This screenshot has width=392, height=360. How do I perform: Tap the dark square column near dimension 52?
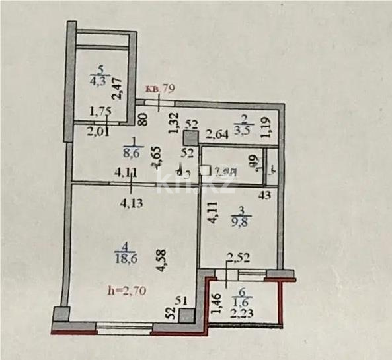[x=191, y=139]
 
